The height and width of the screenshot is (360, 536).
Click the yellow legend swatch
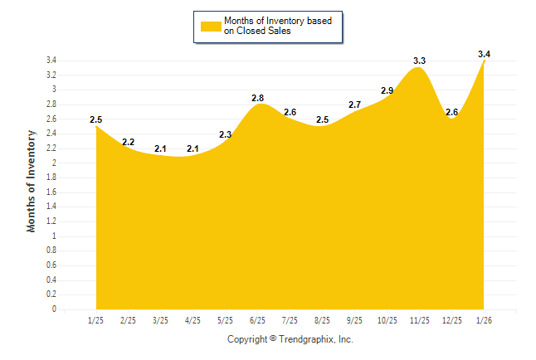tap(210, 26)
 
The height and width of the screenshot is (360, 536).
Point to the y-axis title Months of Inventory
tap(32, 180)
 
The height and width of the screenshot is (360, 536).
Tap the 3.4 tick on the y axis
tap(51, 61)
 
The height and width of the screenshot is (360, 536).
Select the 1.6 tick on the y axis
tap(51, 192)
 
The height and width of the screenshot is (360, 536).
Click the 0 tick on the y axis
tap(54, 309)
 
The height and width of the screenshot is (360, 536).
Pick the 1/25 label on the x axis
tap(95, 320)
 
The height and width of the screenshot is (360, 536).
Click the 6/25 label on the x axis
tap(257, 320)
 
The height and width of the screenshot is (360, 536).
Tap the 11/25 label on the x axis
tap(419, 320)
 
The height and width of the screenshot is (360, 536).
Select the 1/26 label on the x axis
tap(484, 320)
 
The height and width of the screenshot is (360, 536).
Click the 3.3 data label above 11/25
tap(419, 61)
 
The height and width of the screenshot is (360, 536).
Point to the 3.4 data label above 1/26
tap(484, 54)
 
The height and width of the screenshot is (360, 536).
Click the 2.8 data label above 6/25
tap(257, 98)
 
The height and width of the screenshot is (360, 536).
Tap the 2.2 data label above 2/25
tap(128, 142)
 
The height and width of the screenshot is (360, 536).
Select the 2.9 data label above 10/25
tap(387, 90)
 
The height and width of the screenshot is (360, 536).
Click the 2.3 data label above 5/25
tap(225, 134)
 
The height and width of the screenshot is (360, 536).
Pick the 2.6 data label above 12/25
tap(451, 112)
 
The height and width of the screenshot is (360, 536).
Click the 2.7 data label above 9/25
tap(354, 105)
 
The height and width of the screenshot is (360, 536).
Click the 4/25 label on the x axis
tap(192, 320)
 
